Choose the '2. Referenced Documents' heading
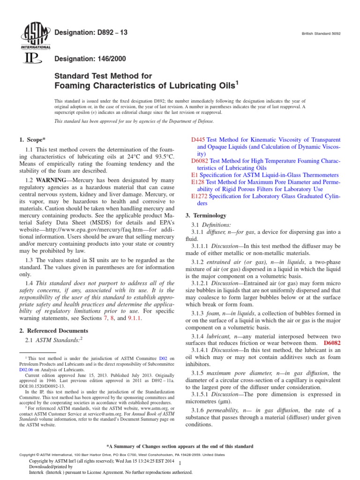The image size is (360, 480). [x=53, y=330]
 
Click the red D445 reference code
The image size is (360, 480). [x=199, y=140]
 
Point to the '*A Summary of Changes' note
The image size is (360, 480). [x=180, y=446]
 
